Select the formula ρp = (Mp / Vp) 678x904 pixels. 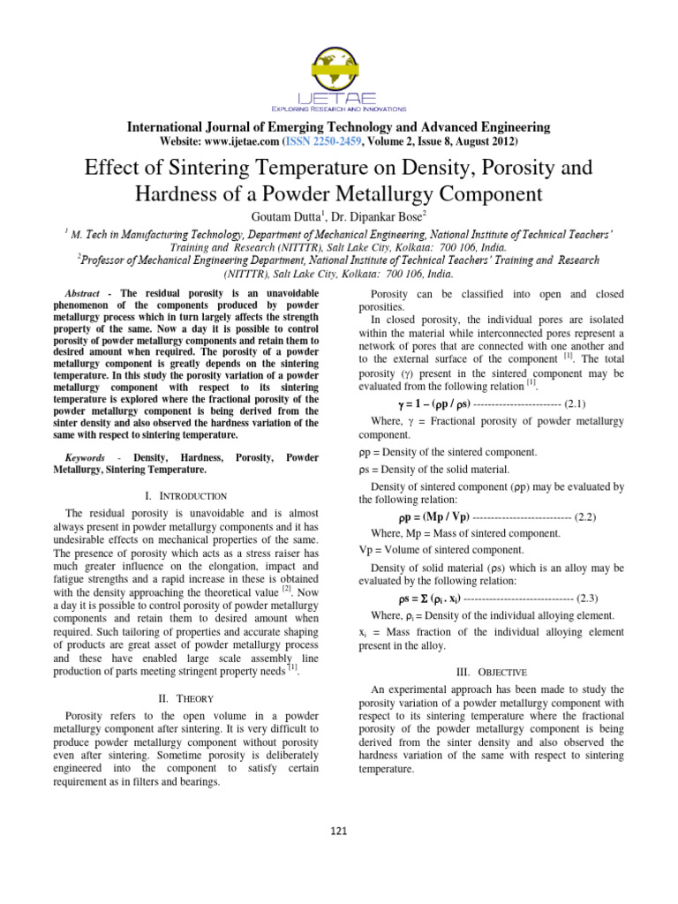point(433,516)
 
